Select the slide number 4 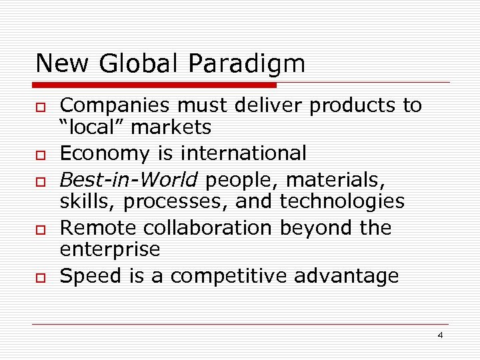point(440,335)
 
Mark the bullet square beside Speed point(41,277)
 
